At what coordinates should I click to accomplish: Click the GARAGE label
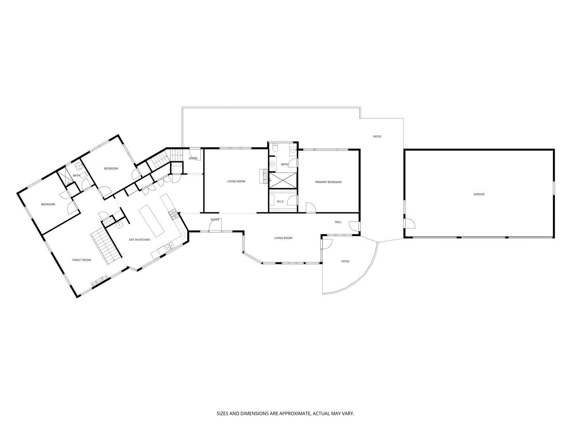479,194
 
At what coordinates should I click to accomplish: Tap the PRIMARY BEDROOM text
328,182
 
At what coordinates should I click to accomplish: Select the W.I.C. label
280,201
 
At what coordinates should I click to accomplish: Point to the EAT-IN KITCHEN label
140,240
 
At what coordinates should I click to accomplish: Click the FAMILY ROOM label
82,260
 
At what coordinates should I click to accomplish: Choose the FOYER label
215,220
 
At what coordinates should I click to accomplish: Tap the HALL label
338,222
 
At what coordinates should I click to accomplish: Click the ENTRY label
193,158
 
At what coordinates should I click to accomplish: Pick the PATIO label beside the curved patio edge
345,262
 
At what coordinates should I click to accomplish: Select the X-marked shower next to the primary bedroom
282,180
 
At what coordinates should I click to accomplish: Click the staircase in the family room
106,247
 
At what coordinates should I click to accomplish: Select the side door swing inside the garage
410,223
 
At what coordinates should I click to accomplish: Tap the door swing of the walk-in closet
293,201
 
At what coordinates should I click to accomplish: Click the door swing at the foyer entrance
215,225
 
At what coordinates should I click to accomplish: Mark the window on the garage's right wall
554,188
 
